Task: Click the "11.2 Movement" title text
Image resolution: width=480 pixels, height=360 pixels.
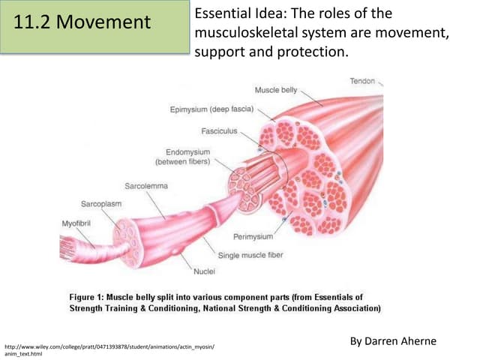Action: pos(82,22)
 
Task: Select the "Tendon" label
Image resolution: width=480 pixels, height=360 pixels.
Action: pos(362,80)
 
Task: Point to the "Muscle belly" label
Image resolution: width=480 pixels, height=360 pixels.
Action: pos(276,90)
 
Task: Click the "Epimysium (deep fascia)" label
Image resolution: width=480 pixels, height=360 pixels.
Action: pos(212,110)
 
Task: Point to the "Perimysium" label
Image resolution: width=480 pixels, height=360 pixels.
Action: pos(253,236)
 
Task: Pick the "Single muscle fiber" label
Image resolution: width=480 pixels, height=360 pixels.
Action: pos(250,256)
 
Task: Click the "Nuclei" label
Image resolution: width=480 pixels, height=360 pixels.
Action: pos(205,271)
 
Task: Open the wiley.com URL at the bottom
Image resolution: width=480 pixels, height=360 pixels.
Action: pos(109,347)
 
